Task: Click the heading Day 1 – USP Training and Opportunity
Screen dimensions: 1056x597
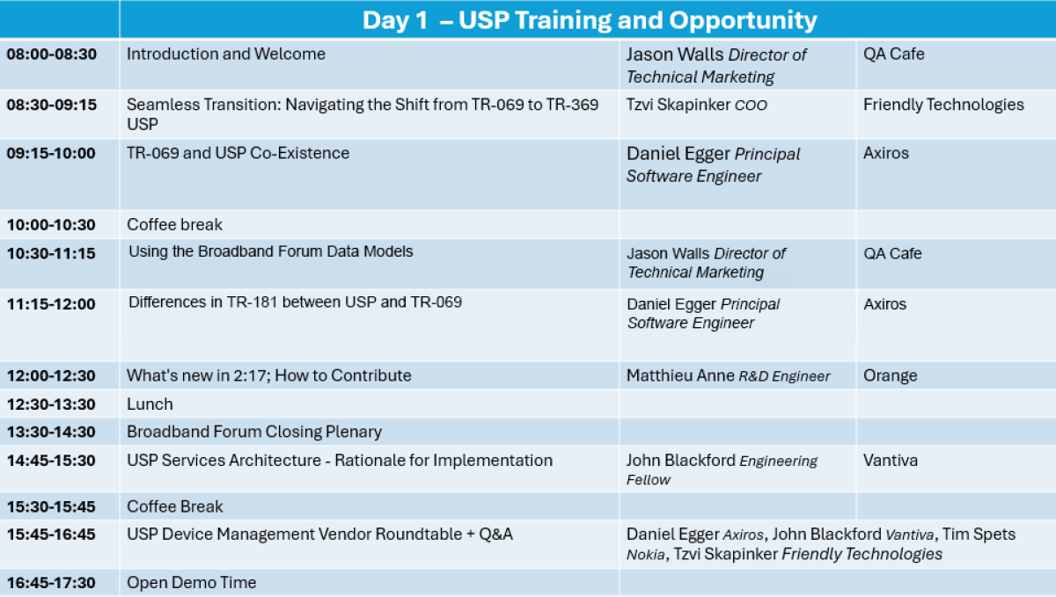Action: point(590,20)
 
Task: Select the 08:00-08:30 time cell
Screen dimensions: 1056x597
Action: point(51,55)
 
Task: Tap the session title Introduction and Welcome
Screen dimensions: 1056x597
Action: point(226,55)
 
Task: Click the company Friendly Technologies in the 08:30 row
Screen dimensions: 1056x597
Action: point(943,104)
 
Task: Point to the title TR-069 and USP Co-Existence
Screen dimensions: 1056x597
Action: point(238,153)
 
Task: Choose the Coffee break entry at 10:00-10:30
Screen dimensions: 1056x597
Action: point(174,225)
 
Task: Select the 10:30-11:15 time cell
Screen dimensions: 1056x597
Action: point(51,253)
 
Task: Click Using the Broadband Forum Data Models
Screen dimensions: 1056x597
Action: point(271,251)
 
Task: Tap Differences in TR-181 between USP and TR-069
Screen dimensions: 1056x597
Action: point(295,302)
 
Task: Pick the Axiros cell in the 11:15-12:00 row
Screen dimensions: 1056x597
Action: point(884,304)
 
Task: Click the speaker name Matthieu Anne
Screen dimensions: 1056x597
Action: point(680,375)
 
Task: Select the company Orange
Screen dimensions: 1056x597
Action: point(890,376)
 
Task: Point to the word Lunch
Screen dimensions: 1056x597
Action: point(150,404)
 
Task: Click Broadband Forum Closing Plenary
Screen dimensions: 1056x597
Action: point(254,432)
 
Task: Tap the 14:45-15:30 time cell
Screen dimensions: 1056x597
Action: point(51,461)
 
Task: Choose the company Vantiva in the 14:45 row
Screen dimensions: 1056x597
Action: point(890,461)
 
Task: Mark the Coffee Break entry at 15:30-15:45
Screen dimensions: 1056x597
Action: point(174,506)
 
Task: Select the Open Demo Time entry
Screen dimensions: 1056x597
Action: point(192,583)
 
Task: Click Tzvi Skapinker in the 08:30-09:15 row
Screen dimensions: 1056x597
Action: point(678,104)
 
